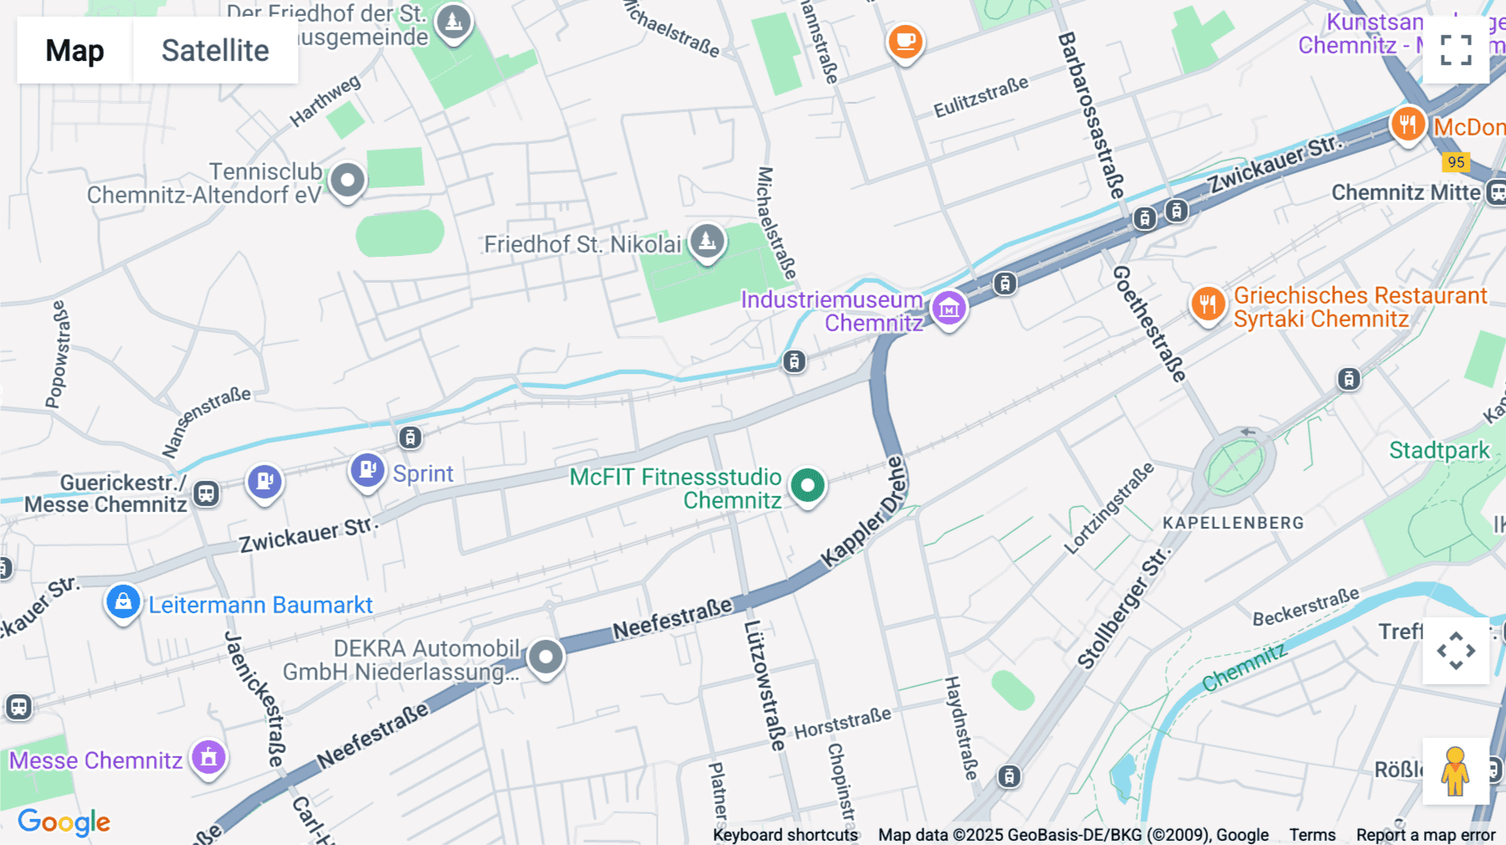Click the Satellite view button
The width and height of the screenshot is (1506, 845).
click(x=215, y=51)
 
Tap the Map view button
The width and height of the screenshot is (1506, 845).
click(x=74, y=51)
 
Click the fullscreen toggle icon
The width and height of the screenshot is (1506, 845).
click(x=1456, y=50)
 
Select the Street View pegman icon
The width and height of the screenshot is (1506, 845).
click(x=1455, y=771)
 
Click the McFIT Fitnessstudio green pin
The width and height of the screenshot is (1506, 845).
click(x=807, y=485)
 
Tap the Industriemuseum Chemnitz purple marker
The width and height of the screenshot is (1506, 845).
click(x=949, y=309)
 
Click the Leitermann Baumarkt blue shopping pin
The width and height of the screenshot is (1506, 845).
click(x=123, y=602)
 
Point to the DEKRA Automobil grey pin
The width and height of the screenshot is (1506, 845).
click(x=546, y=657)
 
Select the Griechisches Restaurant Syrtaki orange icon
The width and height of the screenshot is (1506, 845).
click(x=1207, y=305)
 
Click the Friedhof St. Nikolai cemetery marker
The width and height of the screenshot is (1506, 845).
click(x=707, y=241)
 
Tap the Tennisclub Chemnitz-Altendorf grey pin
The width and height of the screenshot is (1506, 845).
click(x=347, y=180)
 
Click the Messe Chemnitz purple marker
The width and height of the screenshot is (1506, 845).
click(x=208, y=758)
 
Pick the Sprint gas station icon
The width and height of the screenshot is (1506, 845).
click(x=366, y=470)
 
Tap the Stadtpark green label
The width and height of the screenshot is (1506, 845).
click(x=1439, y=450)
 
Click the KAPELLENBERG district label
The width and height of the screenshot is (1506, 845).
click(x=1232, y=523)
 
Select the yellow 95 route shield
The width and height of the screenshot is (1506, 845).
click(x=1456, y=162)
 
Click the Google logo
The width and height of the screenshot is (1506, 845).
click(x=64, y=822)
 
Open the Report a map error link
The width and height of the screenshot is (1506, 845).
click(x=1425, y=835)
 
